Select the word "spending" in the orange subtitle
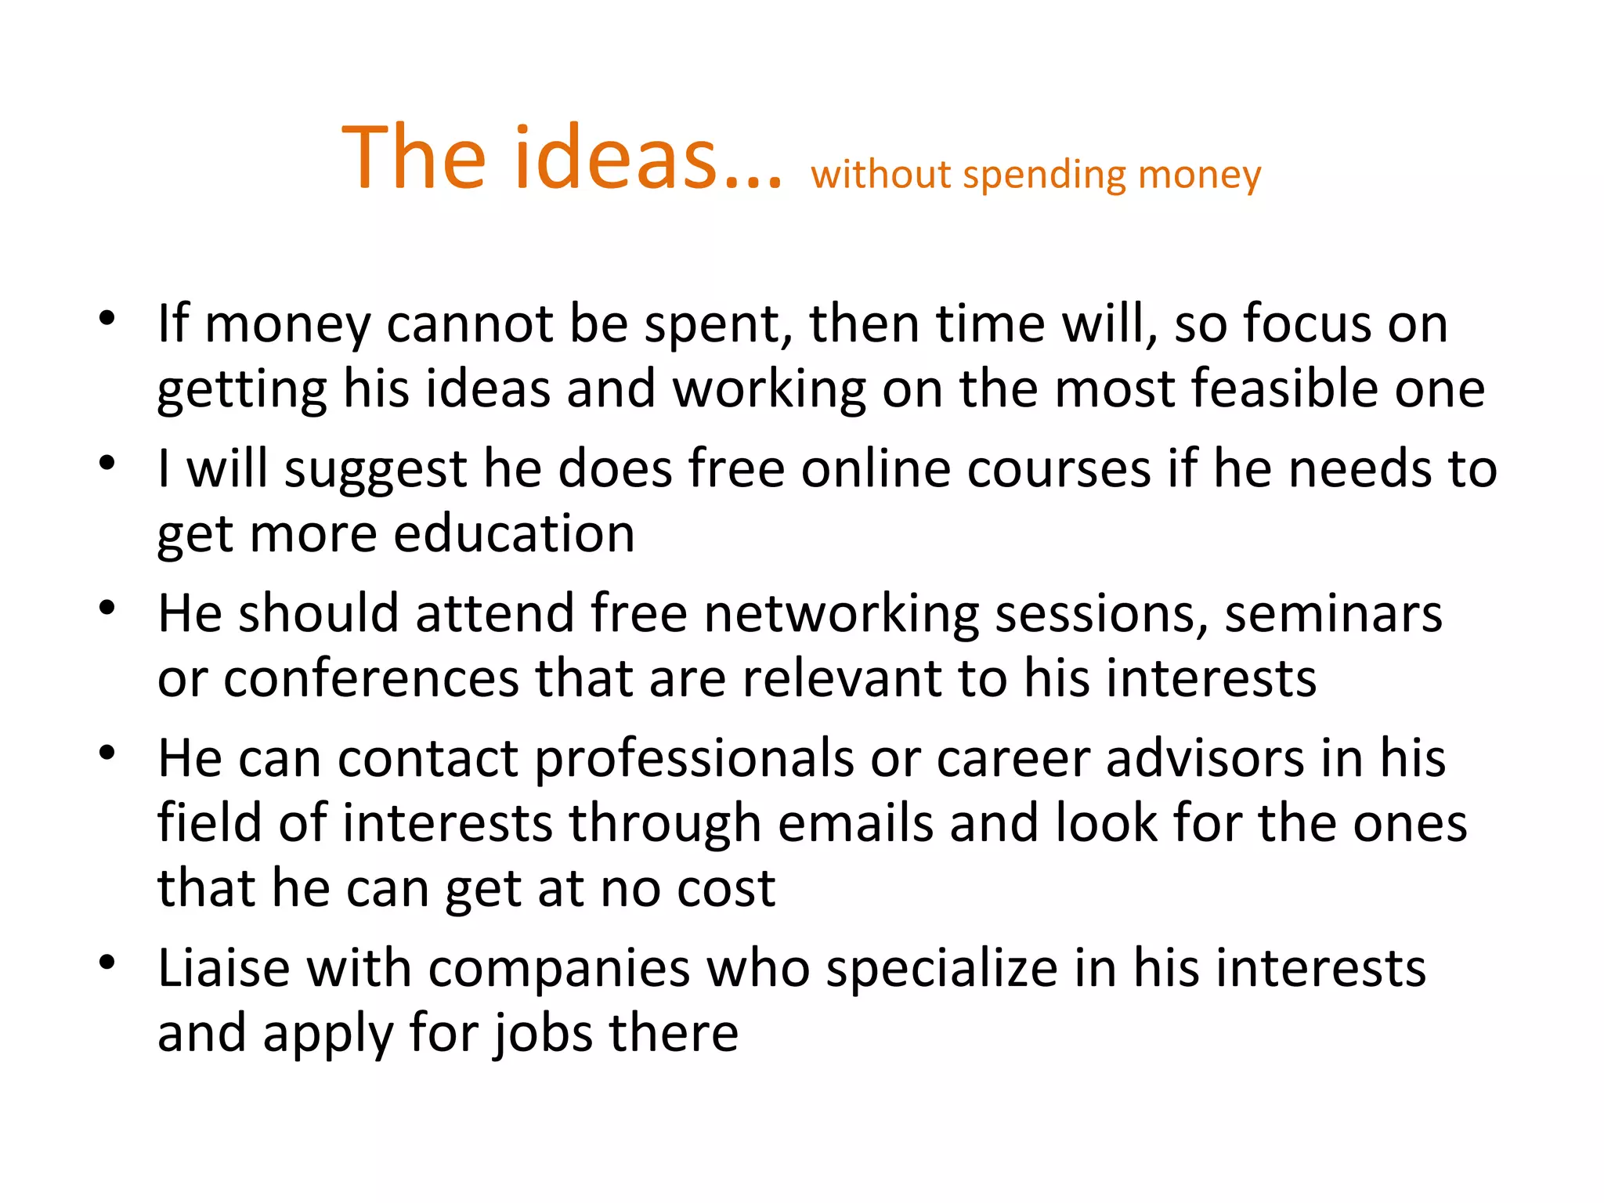click(x=1045, y=175)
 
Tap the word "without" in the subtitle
click(x=880, y=174)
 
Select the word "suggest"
click(x=375, y=470)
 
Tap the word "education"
click(x=514, y=534)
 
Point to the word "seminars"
click(x=1333, y=613)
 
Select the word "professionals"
click(x=694, y=759)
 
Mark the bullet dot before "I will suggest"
click(x=107, y=463)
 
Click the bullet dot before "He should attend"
click(x=107, y=608)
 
